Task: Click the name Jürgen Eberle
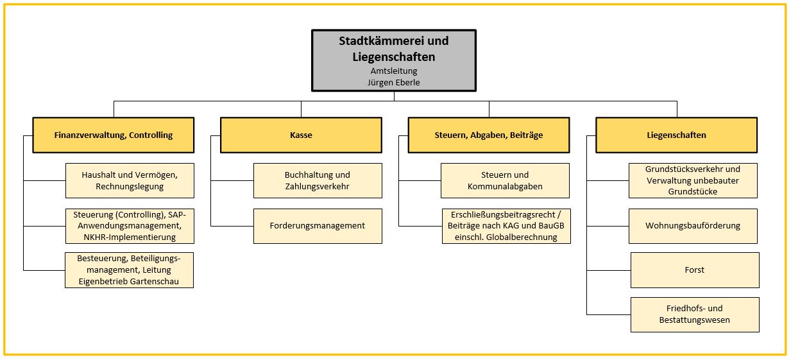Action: pos(393,83)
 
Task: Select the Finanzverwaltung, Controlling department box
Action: pos(114,135)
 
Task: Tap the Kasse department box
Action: pos(301,135)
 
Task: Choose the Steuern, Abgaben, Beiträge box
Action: pos(489,135)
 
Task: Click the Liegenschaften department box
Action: pos(677,135)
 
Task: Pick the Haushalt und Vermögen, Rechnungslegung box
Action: pos(130,180)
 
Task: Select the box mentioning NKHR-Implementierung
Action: pos(130,226)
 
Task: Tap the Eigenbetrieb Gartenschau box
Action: pos(129,270)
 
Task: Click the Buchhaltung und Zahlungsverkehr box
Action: pos(318,180)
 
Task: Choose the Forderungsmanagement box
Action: pos(318,226)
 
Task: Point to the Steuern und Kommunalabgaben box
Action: pos(505,180)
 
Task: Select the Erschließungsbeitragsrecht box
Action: pos(506,226)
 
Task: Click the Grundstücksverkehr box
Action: pos(693,180)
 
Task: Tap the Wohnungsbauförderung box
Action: pos(693,226)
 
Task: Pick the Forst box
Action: pos(695,270)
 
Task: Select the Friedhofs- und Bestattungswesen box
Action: pos(695,315)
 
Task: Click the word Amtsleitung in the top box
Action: pos(394,71)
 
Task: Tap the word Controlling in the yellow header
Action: pos(151,135)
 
